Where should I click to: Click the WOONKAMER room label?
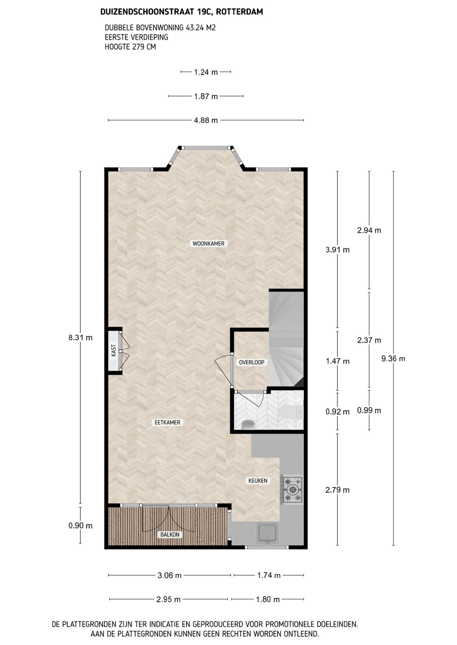(208, 243)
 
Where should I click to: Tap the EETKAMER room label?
(167, 422)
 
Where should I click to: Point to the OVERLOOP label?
(251, 363)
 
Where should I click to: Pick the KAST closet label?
(113, 350)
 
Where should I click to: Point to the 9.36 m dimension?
(393, 358)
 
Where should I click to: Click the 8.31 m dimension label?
(80, 337)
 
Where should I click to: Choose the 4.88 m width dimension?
(206, 120)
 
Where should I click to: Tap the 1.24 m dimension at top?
(206, 72)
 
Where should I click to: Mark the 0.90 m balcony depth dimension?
(80, 525)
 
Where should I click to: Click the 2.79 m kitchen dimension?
(337, 490)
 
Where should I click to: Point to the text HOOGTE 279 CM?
(130, 46)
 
